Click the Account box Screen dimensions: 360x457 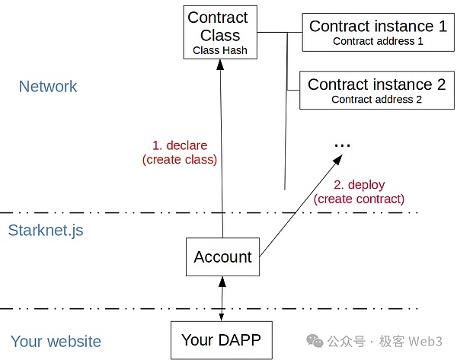click(x=222, y=257)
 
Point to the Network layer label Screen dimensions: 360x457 click(x=48, y=87)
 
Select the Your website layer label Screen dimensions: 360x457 click(x=56, y=341)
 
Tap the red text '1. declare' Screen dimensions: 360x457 click(x=180, y=145)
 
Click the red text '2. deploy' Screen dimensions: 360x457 click(x=360, y=184)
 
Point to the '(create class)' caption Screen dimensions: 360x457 click(x=180, y=160)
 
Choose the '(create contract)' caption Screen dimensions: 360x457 click(x=360, y=199)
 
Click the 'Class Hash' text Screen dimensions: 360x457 click(x=219, y=51)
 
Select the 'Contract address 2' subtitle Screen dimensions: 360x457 click(x=376, y=100)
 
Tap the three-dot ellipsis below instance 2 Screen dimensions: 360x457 click(x=342, y=145)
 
